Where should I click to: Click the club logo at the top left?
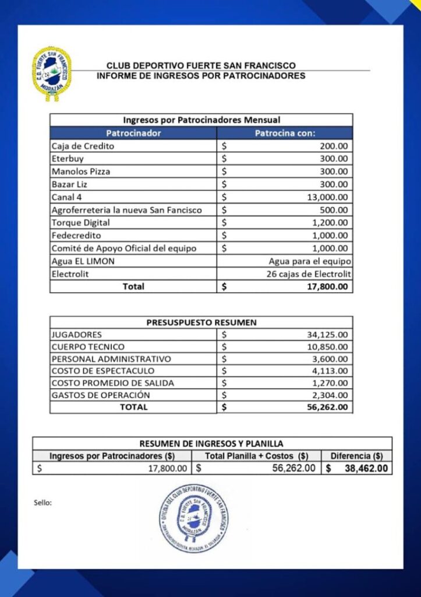(x=52, y=73)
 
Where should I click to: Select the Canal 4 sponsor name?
(x=67, y=197)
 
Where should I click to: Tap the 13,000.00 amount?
(x=327, y=197)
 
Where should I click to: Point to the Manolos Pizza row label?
(x=80, y=171)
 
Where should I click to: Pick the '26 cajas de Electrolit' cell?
(x=309, y=274)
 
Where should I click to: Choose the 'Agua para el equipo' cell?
(x=310, y=261)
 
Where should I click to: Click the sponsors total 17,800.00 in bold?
(x=327, y=287)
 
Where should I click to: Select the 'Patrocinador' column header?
(x=133, y=133)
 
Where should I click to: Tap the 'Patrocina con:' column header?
(x=285, y=133)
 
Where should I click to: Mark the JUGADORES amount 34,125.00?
(x=327, y=335)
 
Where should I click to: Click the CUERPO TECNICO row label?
(x=87, y=347)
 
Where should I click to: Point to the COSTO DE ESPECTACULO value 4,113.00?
(x=330, y=371)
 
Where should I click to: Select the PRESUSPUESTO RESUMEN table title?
(x=201, y=322)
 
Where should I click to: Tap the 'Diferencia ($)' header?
(x=356, y=456)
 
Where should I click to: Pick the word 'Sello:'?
(x=43, y=503)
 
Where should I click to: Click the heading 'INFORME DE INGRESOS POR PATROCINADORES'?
(x=201, y=76)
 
